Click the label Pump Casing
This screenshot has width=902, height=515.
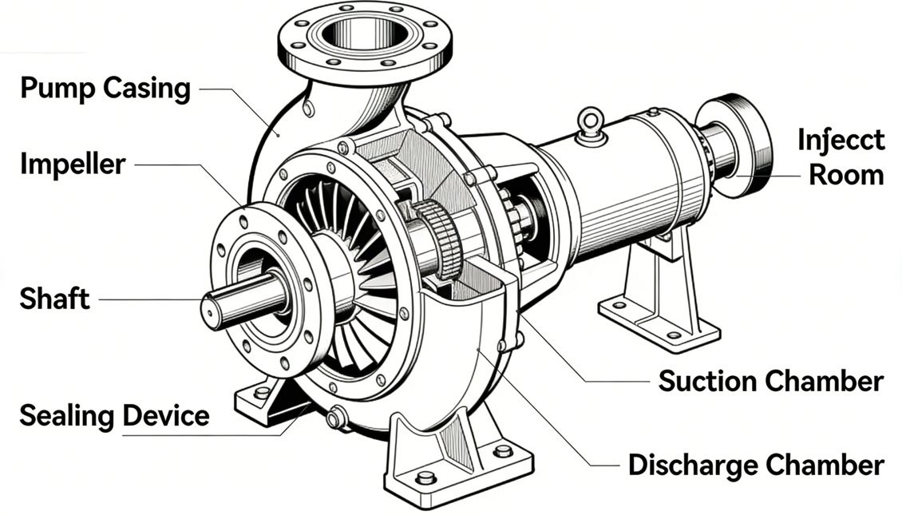coord(105,88)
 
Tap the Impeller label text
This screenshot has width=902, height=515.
coord(73,164)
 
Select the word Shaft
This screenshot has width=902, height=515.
coord(55,299)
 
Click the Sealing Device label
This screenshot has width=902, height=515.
coord(114,415)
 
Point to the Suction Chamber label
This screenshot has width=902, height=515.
coord(770,381)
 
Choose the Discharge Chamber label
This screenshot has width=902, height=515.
coord(755,464)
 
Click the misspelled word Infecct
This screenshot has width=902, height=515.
coord(841,140)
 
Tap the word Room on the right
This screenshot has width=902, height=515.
coord(846,175)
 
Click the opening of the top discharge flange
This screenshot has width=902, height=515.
coord(364,33)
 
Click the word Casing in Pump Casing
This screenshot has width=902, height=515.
coord(148,88)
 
